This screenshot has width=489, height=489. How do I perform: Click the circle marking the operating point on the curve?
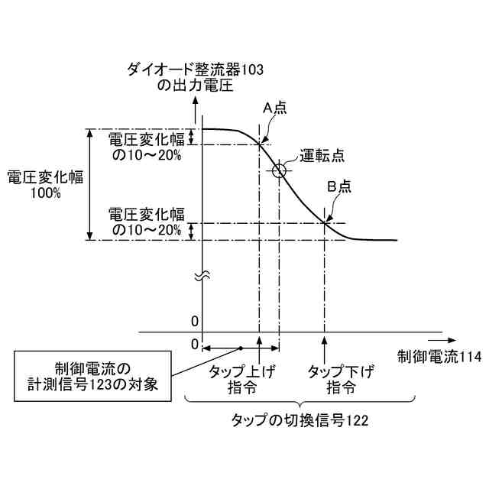pyautogui.click(x=280, y=170)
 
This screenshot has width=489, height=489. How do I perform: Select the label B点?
pyautogui.click(x=338, y=186)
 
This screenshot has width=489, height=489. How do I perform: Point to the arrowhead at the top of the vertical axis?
pyautogui.click(x=201, y=102)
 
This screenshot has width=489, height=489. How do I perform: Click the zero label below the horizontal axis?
pyautogui.click(x=195, y=345)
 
